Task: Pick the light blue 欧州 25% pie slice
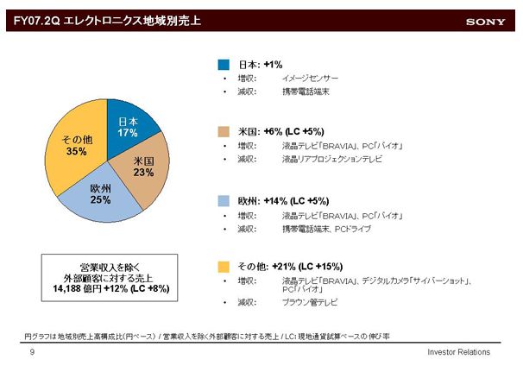101,193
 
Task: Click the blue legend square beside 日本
222,64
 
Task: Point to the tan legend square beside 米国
222,132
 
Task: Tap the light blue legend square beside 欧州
222,199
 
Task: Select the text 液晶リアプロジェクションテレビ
332,160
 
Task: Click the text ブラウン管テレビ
309,303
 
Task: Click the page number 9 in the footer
32,352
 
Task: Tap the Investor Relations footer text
458,352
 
